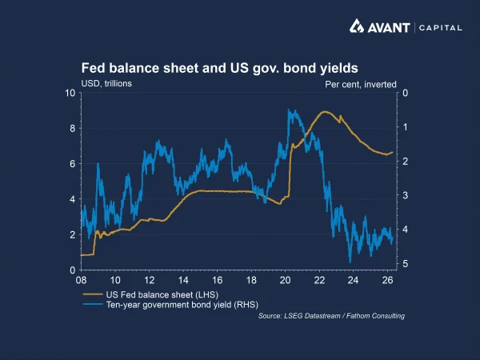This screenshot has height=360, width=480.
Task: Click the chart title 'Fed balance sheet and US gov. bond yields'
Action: [x=218, y=68]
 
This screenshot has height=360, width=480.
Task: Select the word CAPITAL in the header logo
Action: [x=439, y=27]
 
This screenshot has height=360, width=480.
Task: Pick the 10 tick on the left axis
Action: [x=70, y=93]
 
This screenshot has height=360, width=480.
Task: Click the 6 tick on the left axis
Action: [x=73, y=164]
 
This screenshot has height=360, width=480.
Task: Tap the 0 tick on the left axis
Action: [x=73, y=270]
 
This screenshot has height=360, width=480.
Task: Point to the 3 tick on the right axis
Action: [x=406, y=195]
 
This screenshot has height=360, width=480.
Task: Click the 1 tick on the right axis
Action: [x=406, y=127]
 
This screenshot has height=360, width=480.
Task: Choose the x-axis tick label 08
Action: [x=81, y=281]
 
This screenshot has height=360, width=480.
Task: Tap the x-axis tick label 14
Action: [x=183, y=281]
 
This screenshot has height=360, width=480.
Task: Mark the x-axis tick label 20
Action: [x=286, y=281]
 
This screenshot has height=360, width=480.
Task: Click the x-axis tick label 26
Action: [x=387, y=281]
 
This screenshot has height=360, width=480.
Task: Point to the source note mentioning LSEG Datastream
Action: [x=331, y=316]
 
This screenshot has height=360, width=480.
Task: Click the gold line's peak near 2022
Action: [x=325, y=111]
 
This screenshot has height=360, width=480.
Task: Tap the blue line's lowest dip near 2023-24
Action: [x=350, y=262]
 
